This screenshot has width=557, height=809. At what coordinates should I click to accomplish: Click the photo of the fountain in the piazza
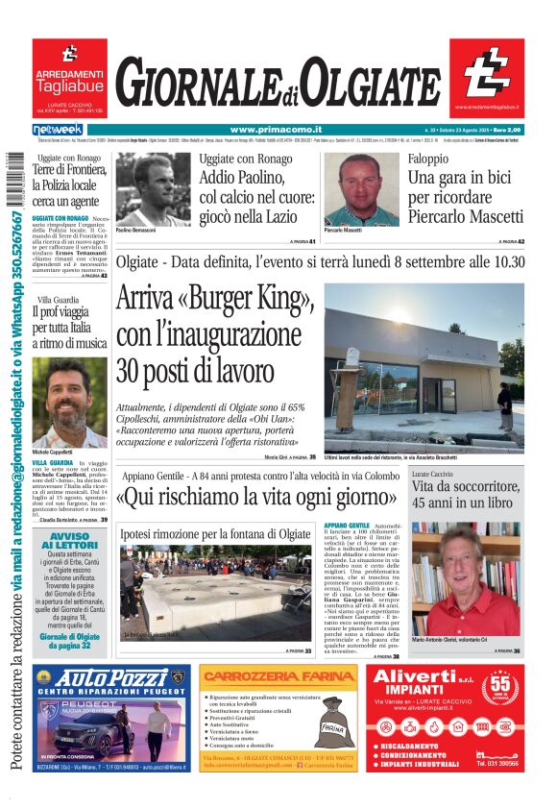tap(215, 592)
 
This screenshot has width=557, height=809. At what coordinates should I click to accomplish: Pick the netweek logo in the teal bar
tap(58, 129)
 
